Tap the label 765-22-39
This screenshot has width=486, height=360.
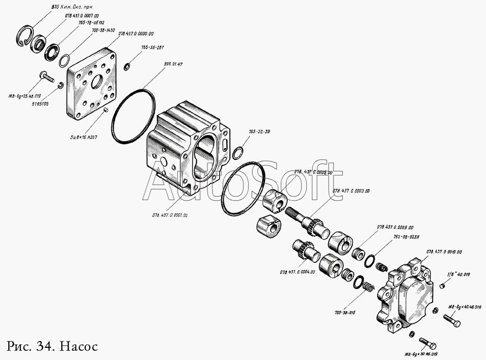point(260,132)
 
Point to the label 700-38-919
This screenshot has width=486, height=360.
point(344,312)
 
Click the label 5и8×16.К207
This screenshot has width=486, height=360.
point(83,137)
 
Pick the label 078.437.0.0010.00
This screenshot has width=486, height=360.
point(444,252)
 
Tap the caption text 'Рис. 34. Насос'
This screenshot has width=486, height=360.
point(52,346)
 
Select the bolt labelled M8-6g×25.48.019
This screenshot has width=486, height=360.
point(47,77)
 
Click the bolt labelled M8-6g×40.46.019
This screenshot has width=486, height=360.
point(451,320)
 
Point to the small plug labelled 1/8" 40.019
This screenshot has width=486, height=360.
point(442,285)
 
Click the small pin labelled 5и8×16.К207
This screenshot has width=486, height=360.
point(105,112)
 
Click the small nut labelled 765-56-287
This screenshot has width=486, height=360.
point(126,67)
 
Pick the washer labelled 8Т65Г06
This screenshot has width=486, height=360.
point(61,86)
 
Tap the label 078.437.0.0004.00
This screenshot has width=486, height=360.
point(297,272)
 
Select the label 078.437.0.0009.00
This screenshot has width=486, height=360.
point(395,227)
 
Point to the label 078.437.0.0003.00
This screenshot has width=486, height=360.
point(351,191)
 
